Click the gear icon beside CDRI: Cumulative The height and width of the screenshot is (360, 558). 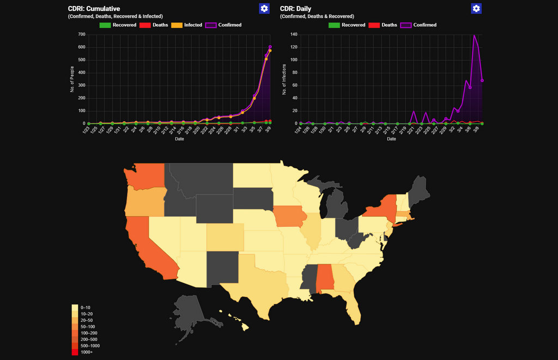pos(264,8)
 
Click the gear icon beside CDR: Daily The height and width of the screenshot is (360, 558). pos(476,8)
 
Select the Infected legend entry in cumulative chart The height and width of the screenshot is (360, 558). pos(186,25)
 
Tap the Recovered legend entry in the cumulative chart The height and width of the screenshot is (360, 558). pos(117,25)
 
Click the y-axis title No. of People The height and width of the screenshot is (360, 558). pos(71,79)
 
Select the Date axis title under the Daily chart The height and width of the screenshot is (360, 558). pos(391,139)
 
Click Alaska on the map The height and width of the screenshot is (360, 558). pos(188,313)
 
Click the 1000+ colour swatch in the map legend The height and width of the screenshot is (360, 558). pos(75,352)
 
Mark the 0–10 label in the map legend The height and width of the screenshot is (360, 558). pos(86,308)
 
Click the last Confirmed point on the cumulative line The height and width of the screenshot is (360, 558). pos(270,47)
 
